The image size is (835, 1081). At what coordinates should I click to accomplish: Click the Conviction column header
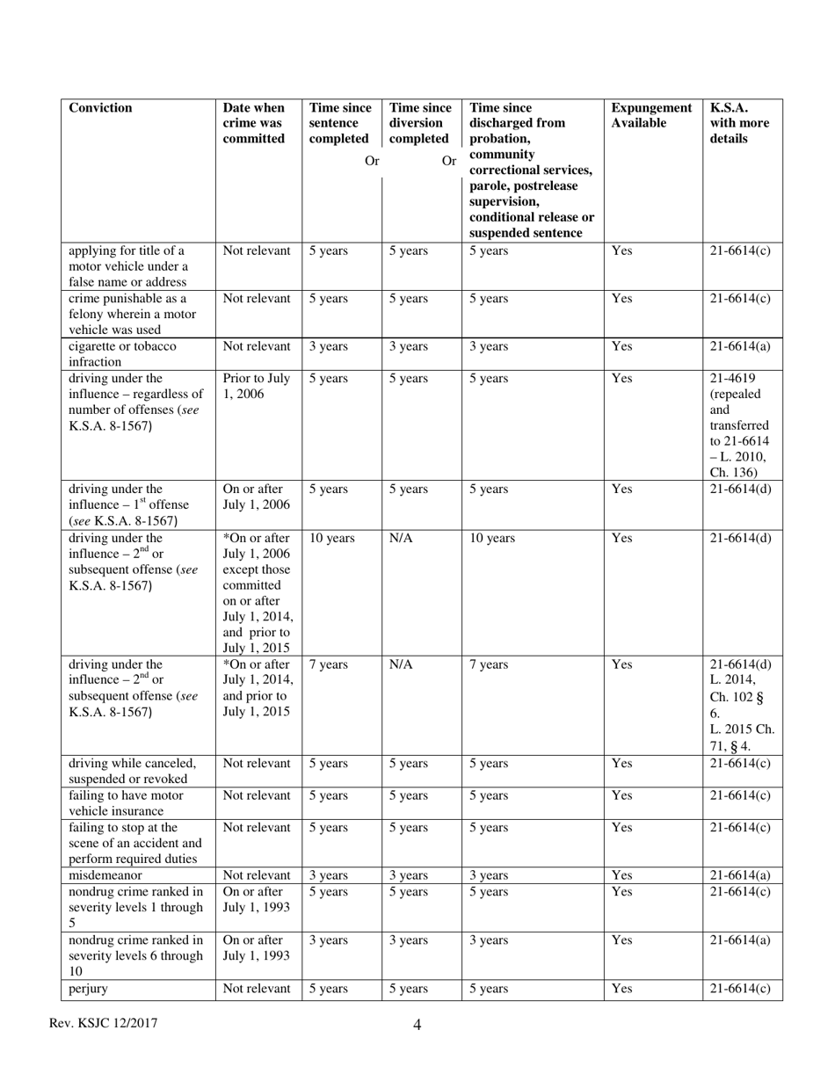coord(100,108)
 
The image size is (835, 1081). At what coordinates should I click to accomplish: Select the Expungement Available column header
coord(651,115)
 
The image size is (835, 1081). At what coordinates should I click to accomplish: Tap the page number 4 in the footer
coord(417,1025)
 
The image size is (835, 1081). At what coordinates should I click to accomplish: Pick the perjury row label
coord(88,989)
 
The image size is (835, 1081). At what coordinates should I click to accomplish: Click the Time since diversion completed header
coord(419,123)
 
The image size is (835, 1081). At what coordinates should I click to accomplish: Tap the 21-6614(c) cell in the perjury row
coord(740,989)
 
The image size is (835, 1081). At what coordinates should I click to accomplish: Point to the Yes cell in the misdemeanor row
coord(621,875)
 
